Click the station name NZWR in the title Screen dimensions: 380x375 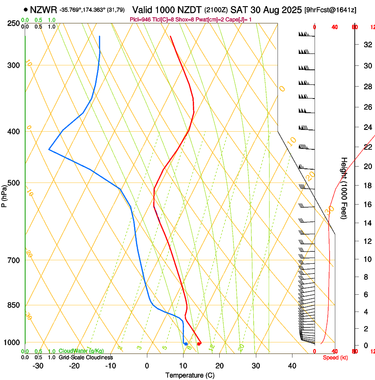coord(43,9)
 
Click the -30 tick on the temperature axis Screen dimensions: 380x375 coord(38,366)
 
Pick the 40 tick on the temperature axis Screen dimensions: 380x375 coord(292,366)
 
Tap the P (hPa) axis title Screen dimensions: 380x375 coord(4,195)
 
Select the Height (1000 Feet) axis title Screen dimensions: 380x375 coord(344,188)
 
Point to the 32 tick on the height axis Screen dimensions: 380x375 coord(367,44)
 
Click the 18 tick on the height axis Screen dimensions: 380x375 coord(367,186)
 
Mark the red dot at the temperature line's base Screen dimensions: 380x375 coord(199,343)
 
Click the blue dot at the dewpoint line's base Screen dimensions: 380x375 coord(186,343)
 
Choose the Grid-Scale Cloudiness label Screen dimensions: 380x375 coord(86,357)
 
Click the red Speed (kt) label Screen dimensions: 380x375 coord(335,357)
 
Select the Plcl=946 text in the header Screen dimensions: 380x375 coord(140,19)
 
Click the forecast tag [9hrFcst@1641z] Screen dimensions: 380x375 coord(330,10)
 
